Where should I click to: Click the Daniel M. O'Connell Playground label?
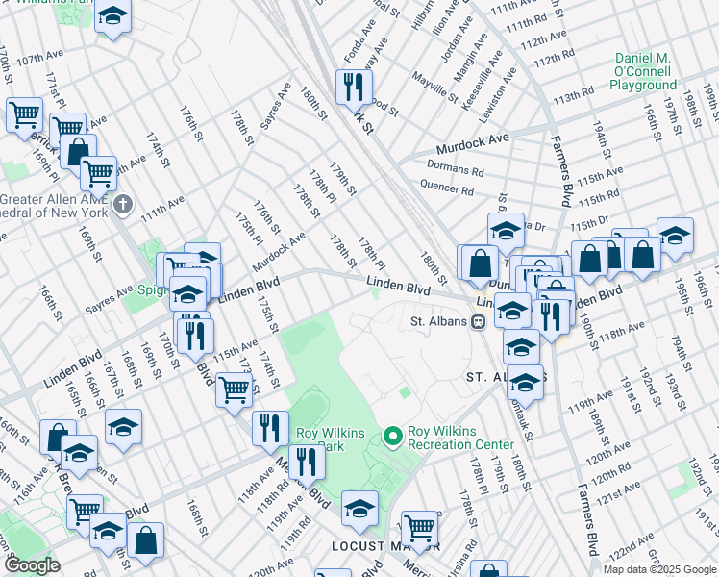(643, 72)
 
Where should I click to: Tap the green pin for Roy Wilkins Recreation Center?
(391, 437)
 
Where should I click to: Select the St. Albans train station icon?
(478, 322)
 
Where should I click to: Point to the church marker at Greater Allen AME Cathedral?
(122, 204)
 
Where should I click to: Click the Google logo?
(31, 565)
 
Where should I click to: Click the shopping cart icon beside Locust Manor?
(419, 528)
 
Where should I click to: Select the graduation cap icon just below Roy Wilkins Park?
(359, 506)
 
